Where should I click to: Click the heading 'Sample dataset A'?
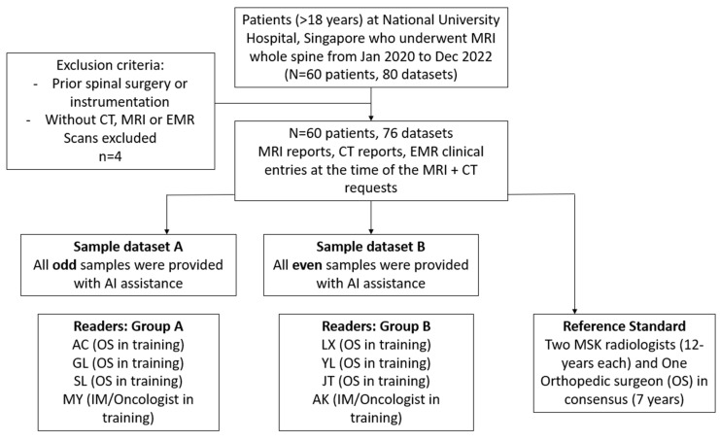[128, 247]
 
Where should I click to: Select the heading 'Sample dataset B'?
[370, 247]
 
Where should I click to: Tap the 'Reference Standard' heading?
[624, 325]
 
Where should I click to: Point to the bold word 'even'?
[307, 265]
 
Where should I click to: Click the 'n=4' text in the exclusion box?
[110, 156]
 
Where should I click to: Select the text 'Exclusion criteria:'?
[110, 65]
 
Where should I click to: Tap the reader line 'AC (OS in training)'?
[128, 344]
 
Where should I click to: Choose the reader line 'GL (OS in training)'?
[128, 362]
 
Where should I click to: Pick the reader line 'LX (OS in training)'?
[376, 344]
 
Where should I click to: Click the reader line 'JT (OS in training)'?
[376, 381]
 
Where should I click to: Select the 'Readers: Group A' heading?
[128, 326]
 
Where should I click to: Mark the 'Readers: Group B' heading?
[376, 326]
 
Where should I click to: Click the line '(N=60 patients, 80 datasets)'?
[371, 75]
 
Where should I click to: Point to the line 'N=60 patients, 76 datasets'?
[371, 133]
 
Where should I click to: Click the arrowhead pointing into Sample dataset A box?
[167, 231]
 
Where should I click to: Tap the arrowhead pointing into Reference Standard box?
[574, 311]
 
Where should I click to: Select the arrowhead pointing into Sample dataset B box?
[371, 231]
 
